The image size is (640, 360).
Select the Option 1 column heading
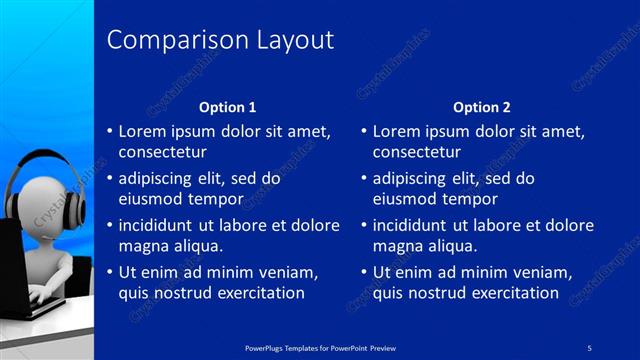227,107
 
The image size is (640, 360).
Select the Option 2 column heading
481,107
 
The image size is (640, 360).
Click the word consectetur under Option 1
163,153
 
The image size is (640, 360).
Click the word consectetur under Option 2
417,153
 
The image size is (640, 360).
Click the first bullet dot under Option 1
110,131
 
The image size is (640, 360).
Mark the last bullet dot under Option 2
364,272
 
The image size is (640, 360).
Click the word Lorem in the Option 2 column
396,131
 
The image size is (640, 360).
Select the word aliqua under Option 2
450,246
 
